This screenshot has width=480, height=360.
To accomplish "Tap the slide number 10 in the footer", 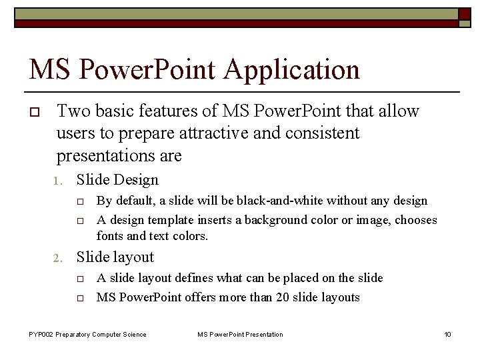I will [x=447, y=334].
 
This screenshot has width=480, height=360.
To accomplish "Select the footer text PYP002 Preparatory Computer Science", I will [x=87, y=334].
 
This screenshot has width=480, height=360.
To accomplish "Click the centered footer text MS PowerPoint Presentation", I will [x=240, y=334].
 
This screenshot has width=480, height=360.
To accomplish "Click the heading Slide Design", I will [x=117, y=179].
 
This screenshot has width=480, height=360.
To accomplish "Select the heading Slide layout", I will [x=115, y=257].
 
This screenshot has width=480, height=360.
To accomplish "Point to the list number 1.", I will [x=58, y=181].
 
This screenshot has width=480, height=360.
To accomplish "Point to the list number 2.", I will [x=58, y=258].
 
